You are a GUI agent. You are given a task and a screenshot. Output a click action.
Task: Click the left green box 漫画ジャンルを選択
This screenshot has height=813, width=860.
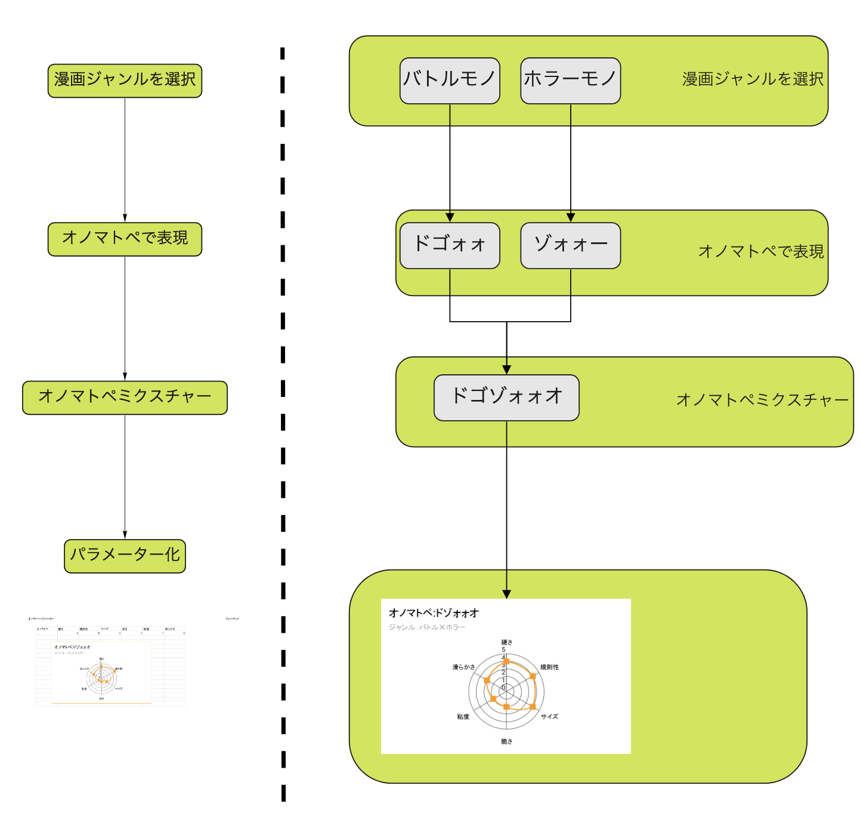(125, 81)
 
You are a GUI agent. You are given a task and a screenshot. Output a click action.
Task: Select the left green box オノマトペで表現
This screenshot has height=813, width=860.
(125, 239)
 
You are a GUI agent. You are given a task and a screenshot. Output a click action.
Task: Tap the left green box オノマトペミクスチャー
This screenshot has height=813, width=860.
(125, 398)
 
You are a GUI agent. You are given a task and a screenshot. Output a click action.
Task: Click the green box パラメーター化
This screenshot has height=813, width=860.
(125, 556)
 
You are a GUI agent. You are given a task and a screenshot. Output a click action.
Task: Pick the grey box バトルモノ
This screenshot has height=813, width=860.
(450, 81)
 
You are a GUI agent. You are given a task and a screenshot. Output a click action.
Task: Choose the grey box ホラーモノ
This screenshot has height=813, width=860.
(570, 81)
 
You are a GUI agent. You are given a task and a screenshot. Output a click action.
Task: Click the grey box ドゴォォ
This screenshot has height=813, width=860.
(450, 245)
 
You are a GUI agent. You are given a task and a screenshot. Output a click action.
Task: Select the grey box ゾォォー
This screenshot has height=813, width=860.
(570, 245)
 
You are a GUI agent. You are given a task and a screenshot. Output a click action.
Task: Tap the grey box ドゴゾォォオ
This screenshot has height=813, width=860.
(506, 398)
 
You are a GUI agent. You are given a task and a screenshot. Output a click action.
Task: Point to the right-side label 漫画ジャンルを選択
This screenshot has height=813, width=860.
(753, 79)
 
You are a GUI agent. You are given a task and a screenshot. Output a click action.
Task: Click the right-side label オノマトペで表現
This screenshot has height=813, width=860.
(761, 251)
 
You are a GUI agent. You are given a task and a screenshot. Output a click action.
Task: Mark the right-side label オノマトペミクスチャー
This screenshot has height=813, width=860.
(762, 400)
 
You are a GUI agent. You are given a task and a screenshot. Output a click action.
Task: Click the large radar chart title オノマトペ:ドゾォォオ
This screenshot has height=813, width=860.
(434, 613)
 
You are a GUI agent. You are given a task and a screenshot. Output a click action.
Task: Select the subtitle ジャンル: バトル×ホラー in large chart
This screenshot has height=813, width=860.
(427, 627)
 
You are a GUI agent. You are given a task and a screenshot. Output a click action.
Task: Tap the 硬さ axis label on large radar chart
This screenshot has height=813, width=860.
(506, 642)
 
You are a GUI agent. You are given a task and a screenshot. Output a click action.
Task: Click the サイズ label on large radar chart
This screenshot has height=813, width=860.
(549, 716)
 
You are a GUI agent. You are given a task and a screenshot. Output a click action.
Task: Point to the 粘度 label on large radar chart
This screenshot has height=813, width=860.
(463, 716)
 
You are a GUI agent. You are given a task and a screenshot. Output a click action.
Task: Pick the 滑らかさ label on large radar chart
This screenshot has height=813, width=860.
(463, 667)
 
